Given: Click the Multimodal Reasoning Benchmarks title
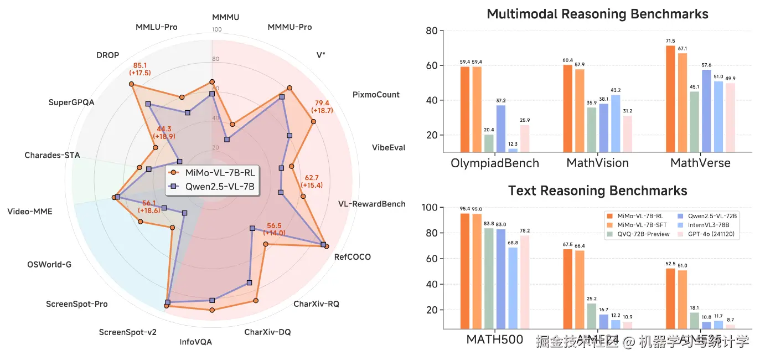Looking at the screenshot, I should click(x=597, y=14).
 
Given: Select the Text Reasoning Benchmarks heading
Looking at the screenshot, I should click(x=597, y=191).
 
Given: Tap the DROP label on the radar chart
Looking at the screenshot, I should click(x=107, y=55).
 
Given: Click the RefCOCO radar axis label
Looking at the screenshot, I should click(x=353, y=257).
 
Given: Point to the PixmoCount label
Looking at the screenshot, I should click(x=376, y=95).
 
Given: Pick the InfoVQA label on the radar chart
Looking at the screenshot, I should click(x=195, y=342).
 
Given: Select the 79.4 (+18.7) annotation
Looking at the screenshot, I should click(x=322, y=106).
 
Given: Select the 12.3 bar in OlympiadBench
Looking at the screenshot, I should click(x=513, y=150).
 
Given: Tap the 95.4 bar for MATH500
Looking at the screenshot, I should click(x=465, y=271).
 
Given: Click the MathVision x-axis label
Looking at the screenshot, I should click(x=597, y=163).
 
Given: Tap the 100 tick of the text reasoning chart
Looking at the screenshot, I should click(x=429, y=208).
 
